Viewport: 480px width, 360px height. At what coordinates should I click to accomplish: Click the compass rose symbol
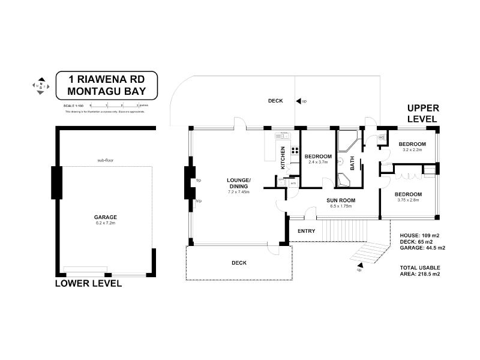click(41, 86)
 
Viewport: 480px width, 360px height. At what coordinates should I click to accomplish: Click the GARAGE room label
click(105, 217)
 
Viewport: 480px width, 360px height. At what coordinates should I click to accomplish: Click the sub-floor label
click(105, 160)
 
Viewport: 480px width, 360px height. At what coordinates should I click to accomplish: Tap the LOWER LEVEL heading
click(88, 283)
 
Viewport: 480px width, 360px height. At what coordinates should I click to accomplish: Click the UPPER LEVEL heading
click(424, 113)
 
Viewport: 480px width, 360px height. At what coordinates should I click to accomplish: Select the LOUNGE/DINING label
click(238, 184)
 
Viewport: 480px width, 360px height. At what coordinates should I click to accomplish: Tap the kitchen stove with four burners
click(294, 151)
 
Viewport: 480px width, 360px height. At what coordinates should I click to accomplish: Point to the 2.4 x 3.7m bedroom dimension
click(318, 162)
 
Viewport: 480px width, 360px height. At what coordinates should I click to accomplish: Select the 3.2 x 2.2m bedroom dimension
click(412, 150)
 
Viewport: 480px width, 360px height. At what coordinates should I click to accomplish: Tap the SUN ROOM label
click(341, 200)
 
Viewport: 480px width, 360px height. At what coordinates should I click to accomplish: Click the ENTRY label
click(306, 231)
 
